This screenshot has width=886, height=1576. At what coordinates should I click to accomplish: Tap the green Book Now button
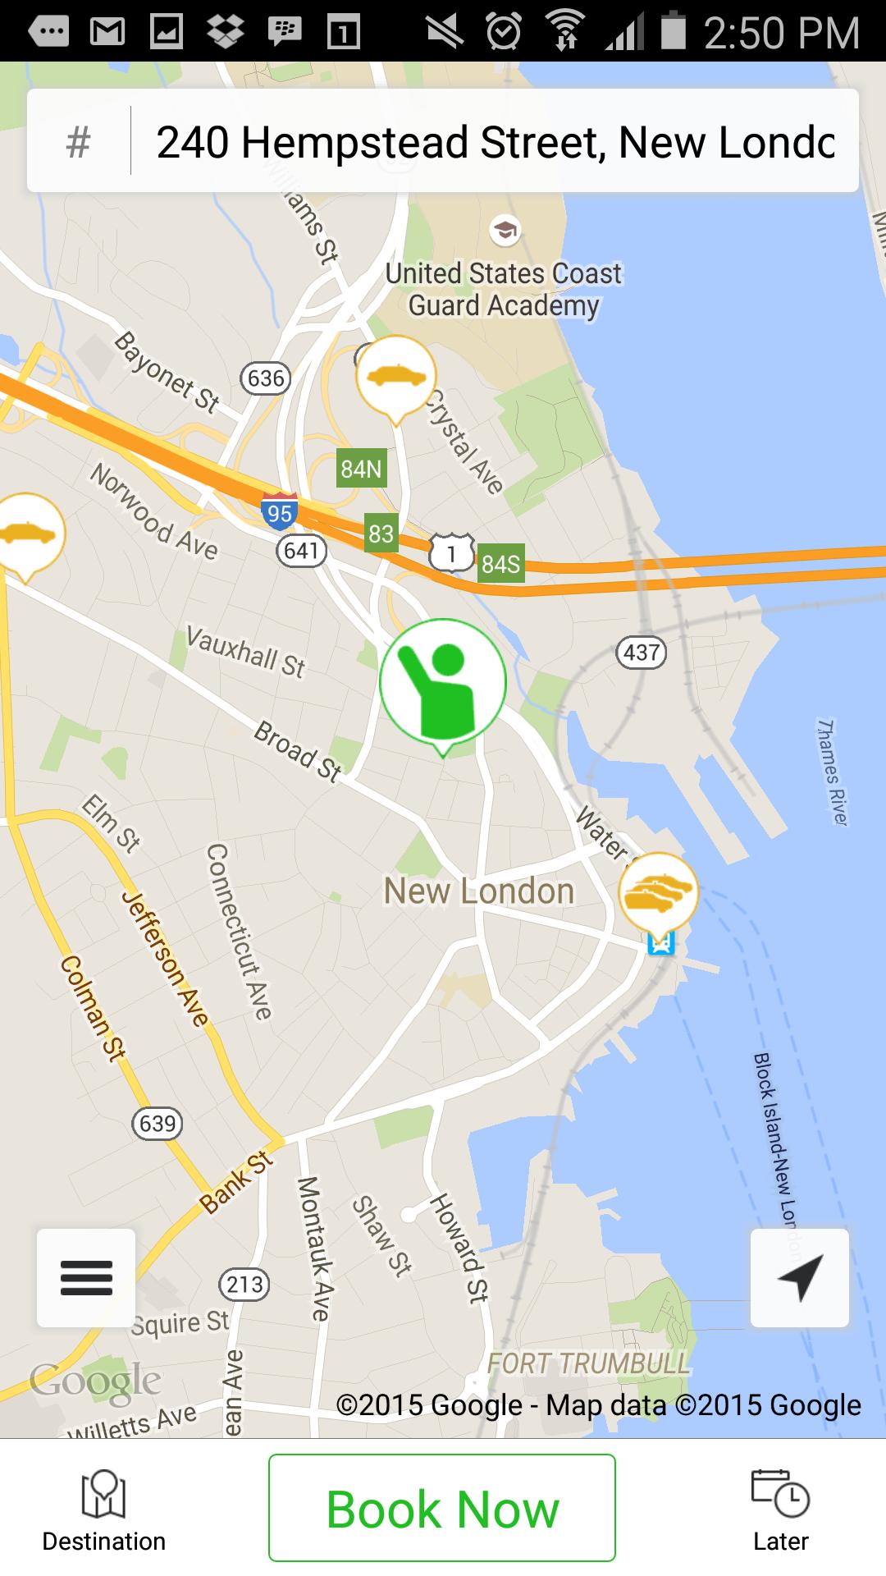[442, 1509]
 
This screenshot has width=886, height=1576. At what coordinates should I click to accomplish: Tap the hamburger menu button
[86, 1277]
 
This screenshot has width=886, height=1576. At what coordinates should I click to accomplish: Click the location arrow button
[799, 1277]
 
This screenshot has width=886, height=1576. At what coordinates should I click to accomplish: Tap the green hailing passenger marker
[443, 681]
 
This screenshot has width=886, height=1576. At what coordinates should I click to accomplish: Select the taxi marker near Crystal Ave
[395, 376]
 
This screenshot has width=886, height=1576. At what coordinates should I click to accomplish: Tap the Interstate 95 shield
[280, 511]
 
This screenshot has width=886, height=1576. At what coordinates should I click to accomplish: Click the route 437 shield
[641, 653]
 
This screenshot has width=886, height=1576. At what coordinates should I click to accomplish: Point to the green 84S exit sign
[500, 563]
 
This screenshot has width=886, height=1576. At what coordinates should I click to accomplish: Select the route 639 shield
[158, 1122]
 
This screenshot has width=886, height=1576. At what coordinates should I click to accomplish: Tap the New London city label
[479, 891]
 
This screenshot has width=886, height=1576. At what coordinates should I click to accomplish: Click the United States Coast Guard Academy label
[504, 289]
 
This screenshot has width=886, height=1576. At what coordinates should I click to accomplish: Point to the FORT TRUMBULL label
[589, 1363]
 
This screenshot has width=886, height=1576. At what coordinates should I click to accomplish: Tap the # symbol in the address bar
[78, 142]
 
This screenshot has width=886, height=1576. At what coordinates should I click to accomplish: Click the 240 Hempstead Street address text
[496, 142]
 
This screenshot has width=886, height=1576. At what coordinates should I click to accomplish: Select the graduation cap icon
[505, 231]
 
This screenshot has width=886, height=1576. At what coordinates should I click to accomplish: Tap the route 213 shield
[244, 1284]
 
